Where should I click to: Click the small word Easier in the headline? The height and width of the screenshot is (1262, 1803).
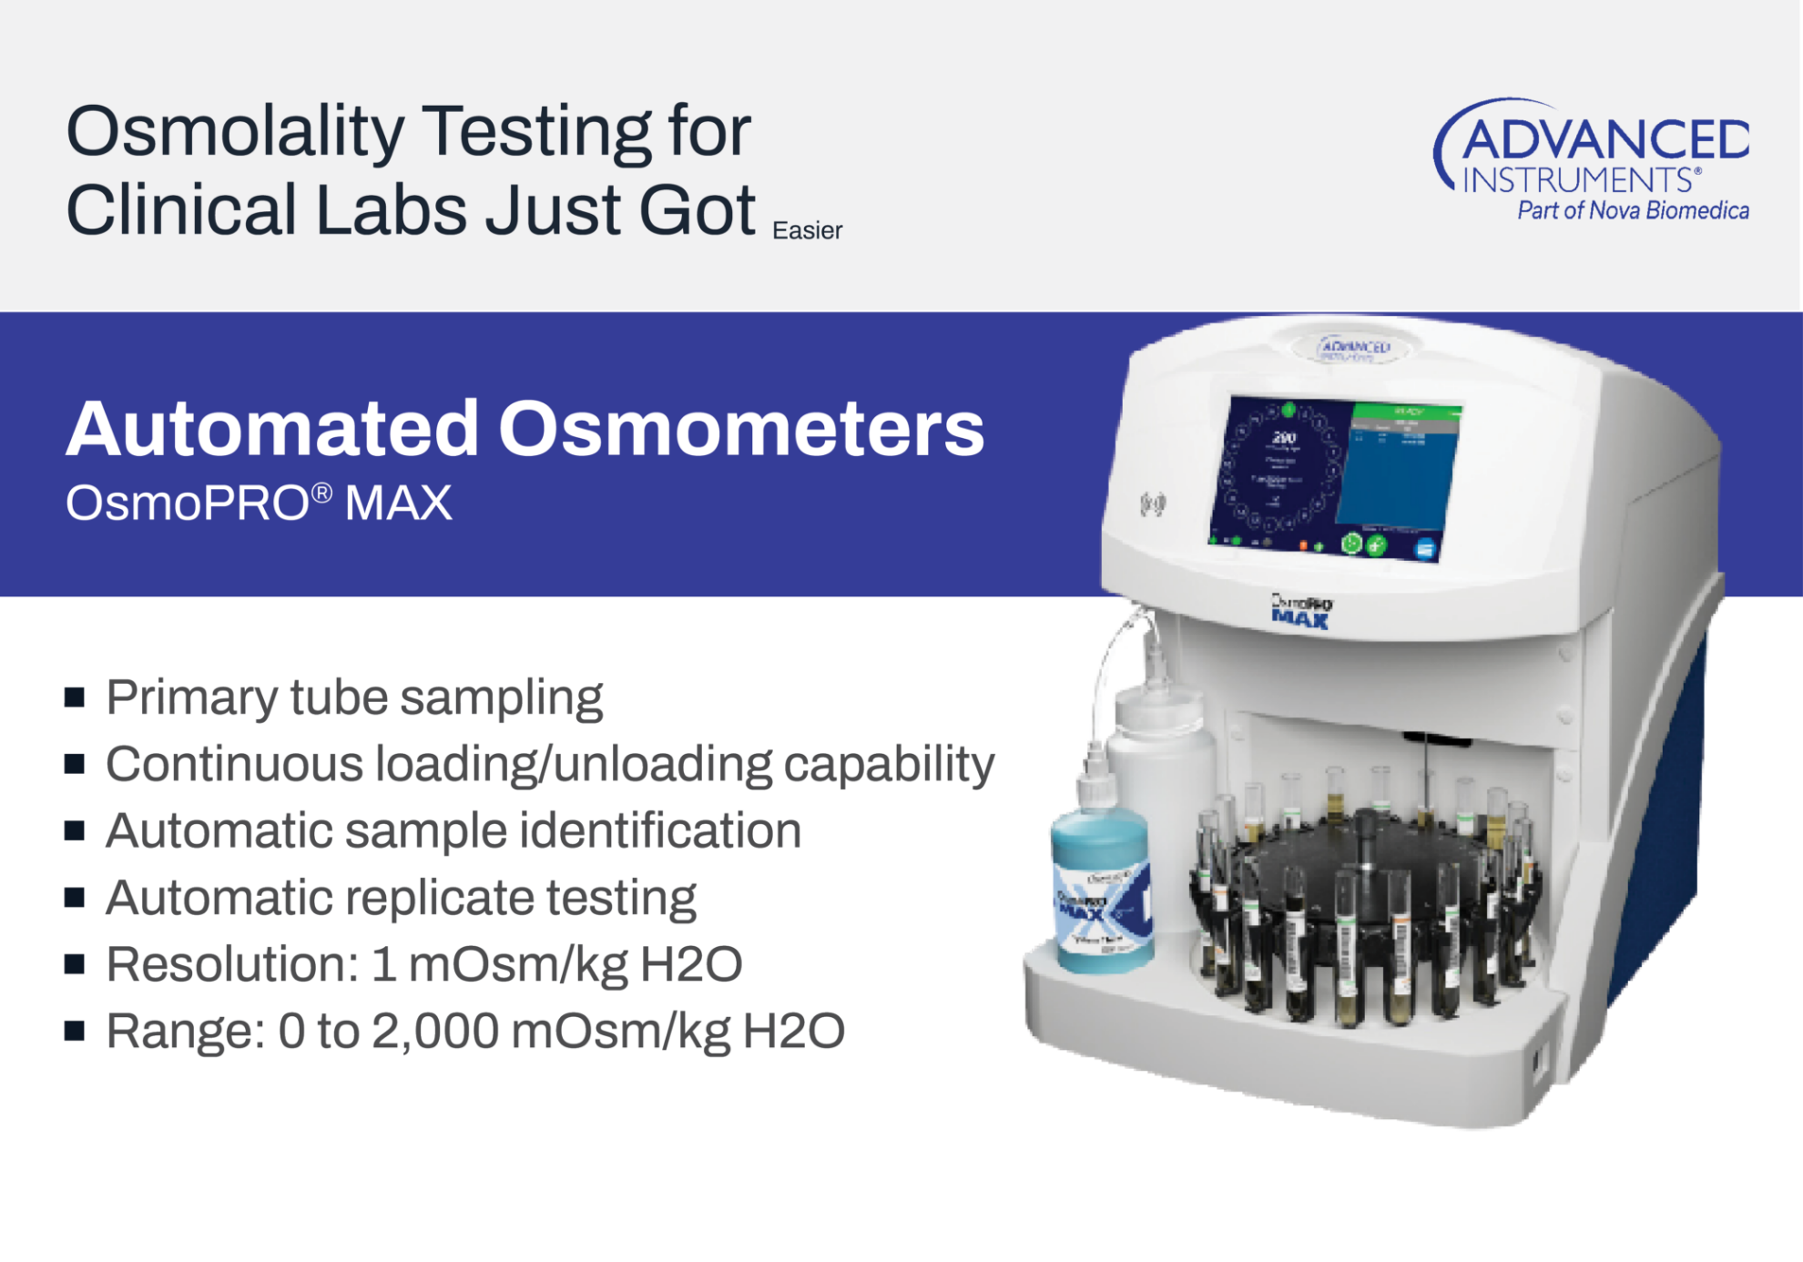point(807,230)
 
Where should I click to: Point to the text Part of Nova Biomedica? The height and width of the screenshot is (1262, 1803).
point(1632,211)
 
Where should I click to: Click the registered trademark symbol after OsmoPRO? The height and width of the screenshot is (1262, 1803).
point(321,494)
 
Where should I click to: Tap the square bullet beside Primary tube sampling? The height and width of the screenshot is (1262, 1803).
point(75,698)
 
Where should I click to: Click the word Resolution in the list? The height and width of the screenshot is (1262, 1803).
point(232,964)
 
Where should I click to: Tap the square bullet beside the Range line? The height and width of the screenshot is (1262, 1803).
point(75,1032)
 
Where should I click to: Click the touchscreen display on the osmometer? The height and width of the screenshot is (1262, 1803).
point(1334,478)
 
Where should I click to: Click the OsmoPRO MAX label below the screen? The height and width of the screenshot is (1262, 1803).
point(1300,612)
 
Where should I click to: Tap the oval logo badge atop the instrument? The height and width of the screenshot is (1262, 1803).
point(1354,349)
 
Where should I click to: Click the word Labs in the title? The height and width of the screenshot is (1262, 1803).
point(392,210)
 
